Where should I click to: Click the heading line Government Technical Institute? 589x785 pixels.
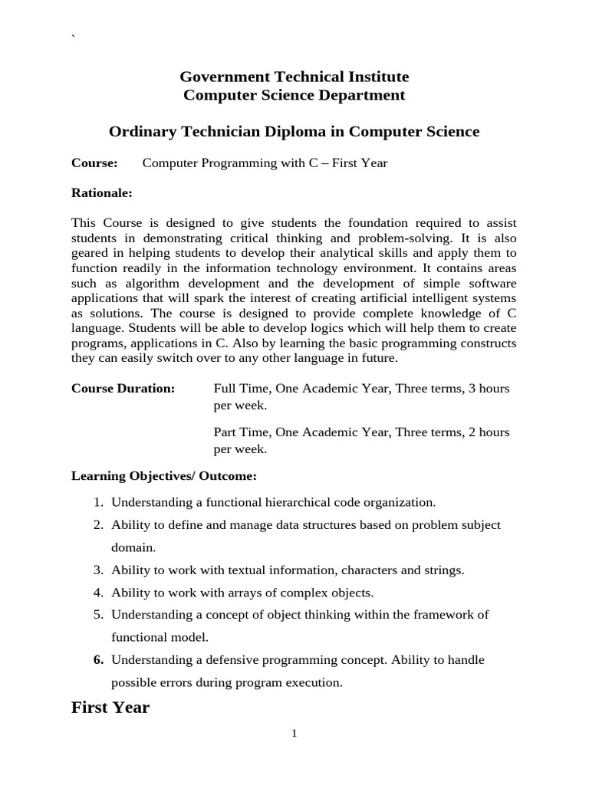pos(294,77)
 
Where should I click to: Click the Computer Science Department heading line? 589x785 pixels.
pos(294,96)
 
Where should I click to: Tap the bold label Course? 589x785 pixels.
pos(94,163)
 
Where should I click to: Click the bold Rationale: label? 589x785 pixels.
pos(102,192)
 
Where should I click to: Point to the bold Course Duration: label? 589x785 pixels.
pos(123,388)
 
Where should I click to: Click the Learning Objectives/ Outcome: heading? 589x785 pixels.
pos(164,476)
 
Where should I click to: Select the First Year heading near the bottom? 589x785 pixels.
pos(110,708)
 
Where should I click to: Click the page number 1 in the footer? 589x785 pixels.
pos(294,734)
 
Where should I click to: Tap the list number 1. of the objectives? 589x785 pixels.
pos(98,503)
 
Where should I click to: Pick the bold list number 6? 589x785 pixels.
pos(98,659)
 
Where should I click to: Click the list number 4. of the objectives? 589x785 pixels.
pos(98,593)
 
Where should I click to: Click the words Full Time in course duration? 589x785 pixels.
pos(240,388)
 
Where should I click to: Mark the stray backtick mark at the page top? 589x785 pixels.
pos(74,39)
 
